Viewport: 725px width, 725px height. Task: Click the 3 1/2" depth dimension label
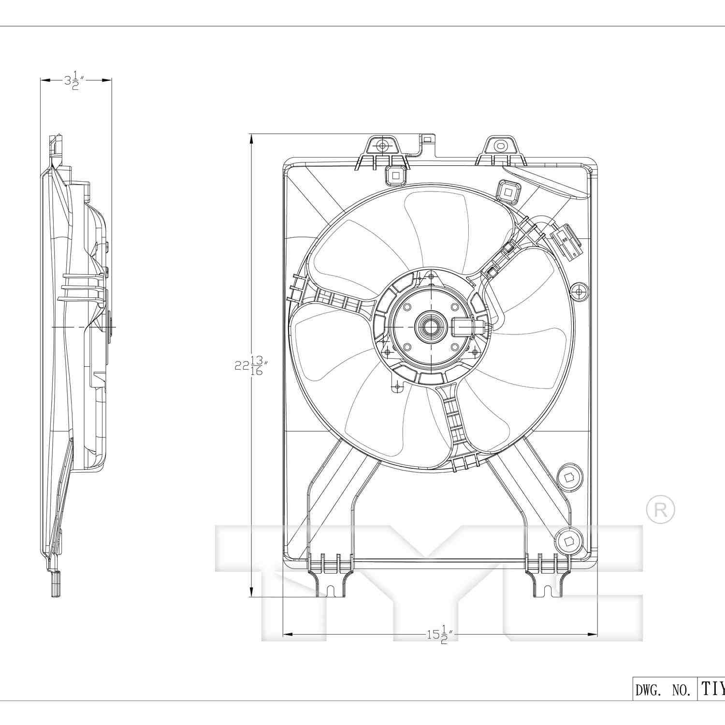pyautogui.click(x=74, y=81)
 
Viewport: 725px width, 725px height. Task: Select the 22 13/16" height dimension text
pyautogui.click(x=250, y=366)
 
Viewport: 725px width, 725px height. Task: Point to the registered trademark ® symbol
pyautogui.click(x=660, y=509)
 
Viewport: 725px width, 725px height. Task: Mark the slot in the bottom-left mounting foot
pyautogui.click(x=331, y=591)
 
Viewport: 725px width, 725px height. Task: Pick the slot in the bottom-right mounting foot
pyautogui.click(x=548, y=591)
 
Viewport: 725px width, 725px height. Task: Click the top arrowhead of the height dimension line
pyautogui.click(x=251, y=138)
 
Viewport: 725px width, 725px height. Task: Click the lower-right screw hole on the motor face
pyautogui.click(x=454, y=347)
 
